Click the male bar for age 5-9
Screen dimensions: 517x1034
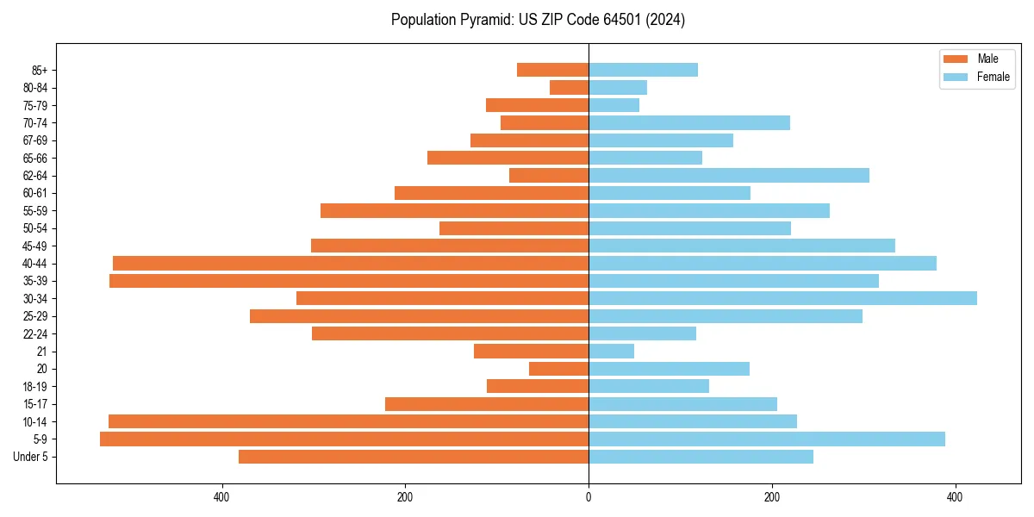[x=345, y=439]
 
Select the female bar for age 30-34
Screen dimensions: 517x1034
[x=782, y=298]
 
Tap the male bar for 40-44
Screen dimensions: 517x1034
[x=351, y=263]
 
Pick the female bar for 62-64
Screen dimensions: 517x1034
[x=729, y=175]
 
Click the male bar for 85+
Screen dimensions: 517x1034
[x=552, y=70]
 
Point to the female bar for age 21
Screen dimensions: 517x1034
[x=611, y=351]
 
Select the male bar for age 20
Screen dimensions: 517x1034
[x=558, y=369]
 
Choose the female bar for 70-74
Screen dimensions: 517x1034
[x=689, y=122]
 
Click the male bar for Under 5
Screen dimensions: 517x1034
[x=414, y=457]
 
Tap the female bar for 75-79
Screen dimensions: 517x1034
[x=614, y=105]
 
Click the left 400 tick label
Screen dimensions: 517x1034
[x=221, y=497]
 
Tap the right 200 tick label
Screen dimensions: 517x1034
[x=772, y=497]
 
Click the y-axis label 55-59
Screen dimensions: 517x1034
[x=35, y=210]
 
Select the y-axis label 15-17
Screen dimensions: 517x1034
[x=35, y=404]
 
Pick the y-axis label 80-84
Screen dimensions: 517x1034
[x=35, y=87]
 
